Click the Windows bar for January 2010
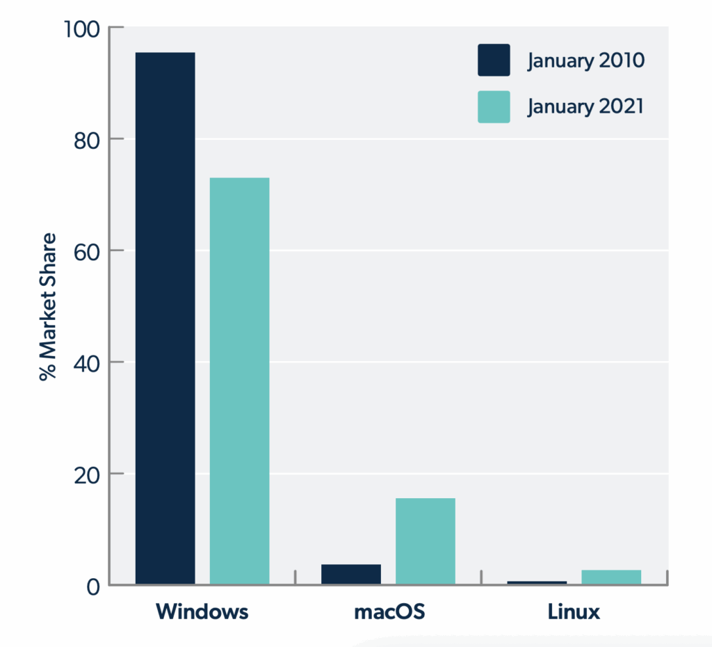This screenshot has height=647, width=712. tap(165, 318)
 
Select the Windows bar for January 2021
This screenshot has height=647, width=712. tap(239, 381)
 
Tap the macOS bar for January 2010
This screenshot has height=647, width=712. tap(351, 574)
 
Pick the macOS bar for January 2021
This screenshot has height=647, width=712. tap(426, 541)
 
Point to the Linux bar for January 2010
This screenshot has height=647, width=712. tap(537, 582)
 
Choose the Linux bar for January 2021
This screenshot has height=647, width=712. tap(611, 577)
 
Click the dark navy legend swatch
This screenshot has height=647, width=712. tap(494, 60)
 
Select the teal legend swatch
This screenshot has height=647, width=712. tap(494, 106)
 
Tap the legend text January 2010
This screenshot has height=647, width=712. tap(585, 61)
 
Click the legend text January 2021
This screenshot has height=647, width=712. tap(585, 107)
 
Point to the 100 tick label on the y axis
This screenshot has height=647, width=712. tap(81, 29)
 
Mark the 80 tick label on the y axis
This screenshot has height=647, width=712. tap(86, 140)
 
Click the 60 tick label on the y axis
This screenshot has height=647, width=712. tap(86, 251)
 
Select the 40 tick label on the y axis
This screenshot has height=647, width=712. tap(86, 362)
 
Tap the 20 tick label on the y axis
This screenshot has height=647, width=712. tap(86, 474)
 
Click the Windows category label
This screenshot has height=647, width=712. tap(202, 612)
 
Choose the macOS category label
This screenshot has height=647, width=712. tap(389, 612)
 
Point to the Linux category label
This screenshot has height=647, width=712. tap(574, 612)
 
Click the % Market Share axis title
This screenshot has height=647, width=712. tap(47, 307)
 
